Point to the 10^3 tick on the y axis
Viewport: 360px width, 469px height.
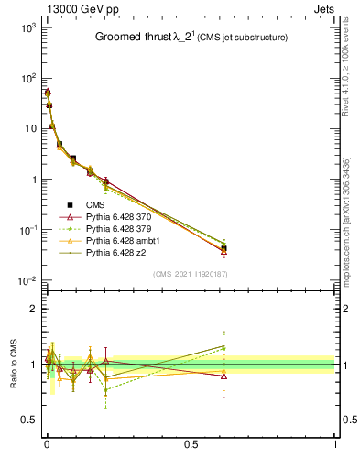(x=28, y=28)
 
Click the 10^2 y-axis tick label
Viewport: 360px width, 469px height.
(x=28, y=79)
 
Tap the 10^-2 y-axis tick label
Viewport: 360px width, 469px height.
(x=28, y=280)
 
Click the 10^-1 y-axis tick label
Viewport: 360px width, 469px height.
(x=28, y=230)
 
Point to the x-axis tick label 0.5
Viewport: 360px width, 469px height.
(x=191, y=445)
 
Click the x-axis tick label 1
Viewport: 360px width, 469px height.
(x=335, y=445)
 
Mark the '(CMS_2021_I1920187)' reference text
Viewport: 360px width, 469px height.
(x=190, y=273)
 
